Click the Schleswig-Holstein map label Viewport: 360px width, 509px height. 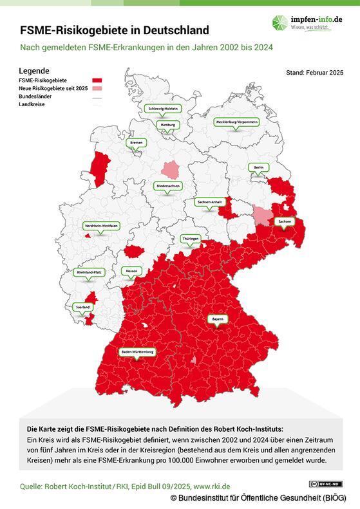point(162,109)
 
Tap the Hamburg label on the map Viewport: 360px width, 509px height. point(167,124)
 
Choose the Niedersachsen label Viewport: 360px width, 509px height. point(167,185)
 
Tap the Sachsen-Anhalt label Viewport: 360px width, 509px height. point(210,202)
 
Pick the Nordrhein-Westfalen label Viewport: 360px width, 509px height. point(101,226)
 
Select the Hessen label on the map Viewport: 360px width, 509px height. point(131,270)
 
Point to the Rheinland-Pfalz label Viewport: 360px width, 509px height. point(91,273)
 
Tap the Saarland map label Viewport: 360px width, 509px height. point(82,308)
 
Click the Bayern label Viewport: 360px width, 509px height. point(218,319)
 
